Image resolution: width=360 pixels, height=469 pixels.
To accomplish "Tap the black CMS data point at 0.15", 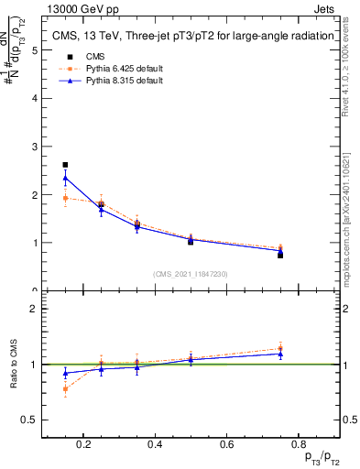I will [x=65, y=165].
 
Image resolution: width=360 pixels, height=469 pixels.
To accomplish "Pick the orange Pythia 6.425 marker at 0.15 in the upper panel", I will [x=65, y=198].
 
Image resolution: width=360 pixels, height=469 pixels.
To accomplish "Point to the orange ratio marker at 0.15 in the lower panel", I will [x=65, y=388].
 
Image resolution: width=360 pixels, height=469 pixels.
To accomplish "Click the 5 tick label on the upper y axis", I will [x=35, y=50].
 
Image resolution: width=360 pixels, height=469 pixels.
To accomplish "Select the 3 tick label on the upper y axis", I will [x=35, y=147].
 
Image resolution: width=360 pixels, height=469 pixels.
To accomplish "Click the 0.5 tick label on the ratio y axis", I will [x=30, y=420].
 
